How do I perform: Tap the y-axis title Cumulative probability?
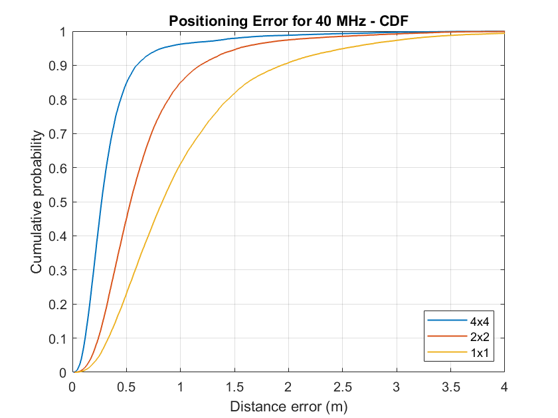(38, 202)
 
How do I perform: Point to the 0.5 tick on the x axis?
(126, 386)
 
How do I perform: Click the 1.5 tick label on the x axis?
(234, 386)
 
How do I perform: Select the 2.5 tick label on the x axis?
(342, 386)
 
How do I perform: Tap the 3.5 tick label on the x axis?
(450, 386)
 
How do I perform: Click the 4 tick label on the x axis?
(504, 386)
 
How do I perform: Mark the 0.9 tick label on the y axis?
(58, 66)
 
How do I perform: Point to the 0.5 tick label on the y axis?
(58, 202)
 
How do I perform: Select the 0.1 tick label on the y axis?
(58, 338)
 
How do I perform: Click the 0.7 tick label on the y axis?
(58, 134)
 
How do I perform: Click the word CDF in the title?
(392, 21)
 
